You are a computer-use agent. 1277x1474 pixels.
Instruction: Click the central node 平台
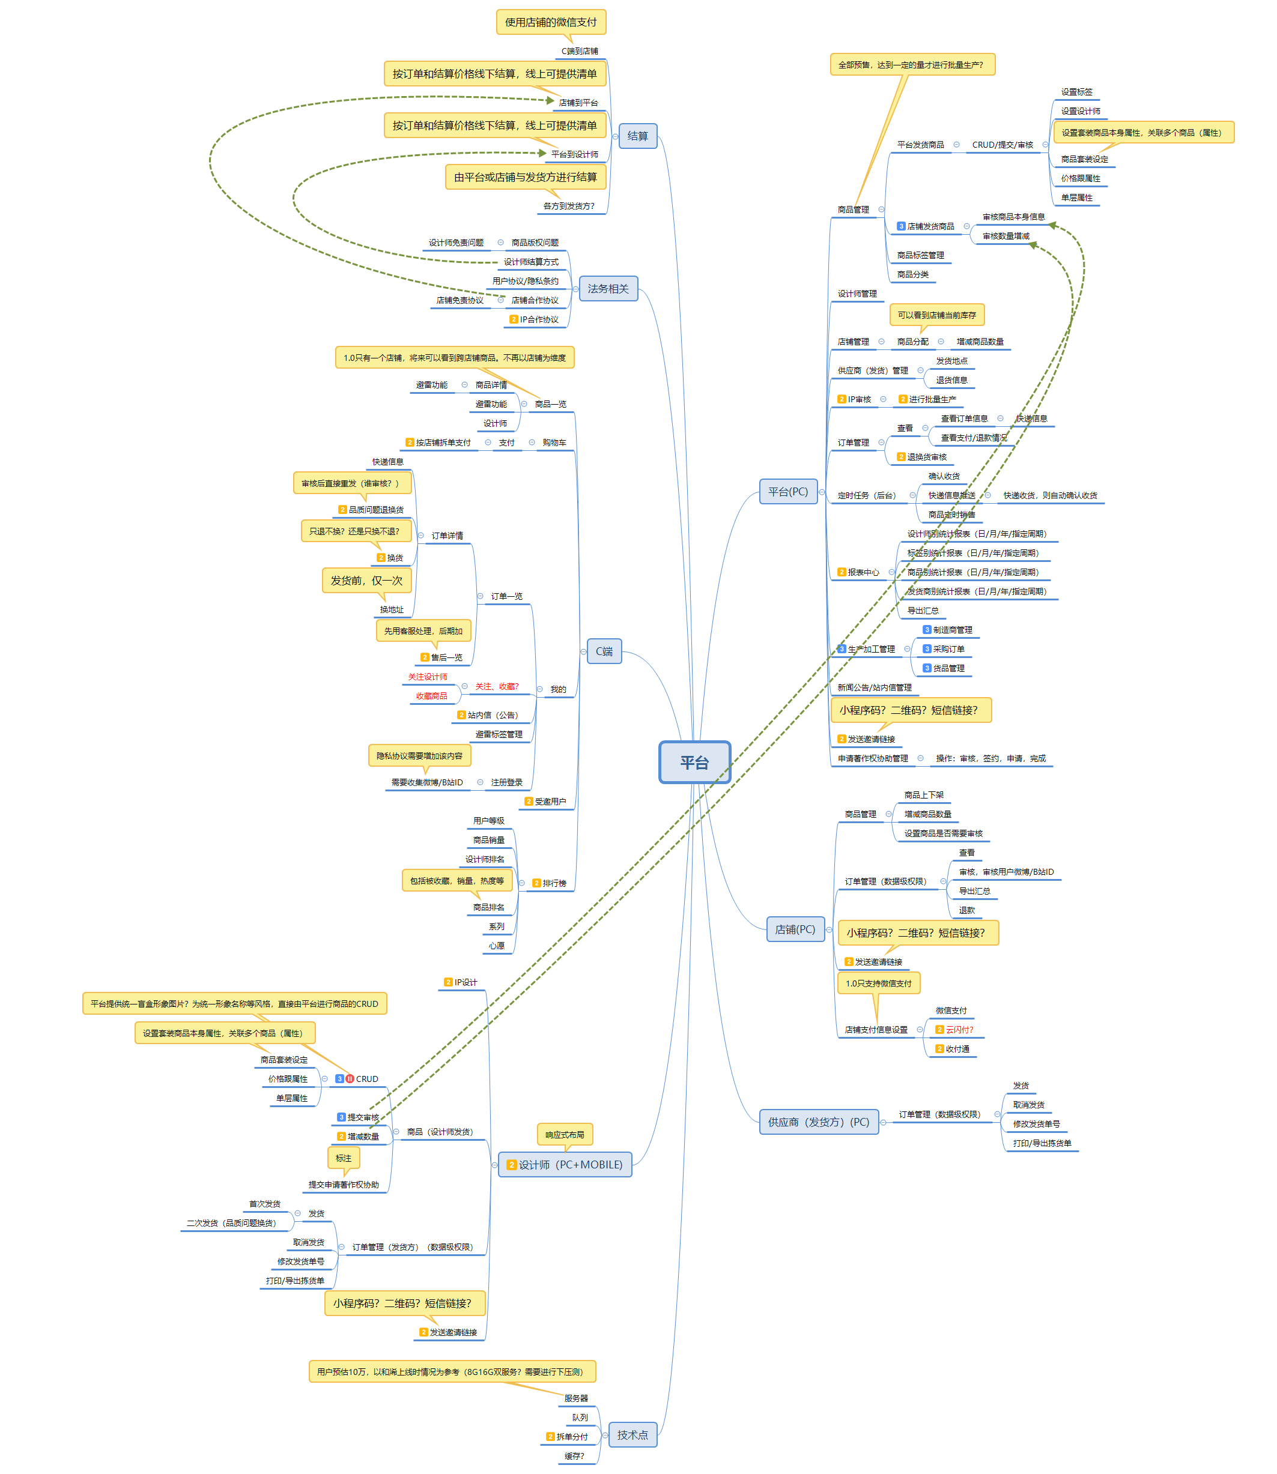(x=694, y=763)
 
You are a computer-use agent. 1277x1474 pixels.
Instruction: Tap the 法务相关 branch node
(x=608, y=289)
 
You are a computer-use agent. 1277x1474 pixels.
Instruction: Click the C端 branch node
(x=604, y=651)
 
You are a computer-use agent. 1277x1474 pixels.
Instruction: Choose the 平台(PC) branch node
(x=787, y=492)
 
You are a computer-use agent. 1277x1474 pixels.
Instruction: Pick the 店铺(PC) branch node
(x=795, y=929)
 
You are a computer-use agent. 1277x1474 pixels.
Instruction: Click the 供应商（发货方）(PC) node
(x=818, y=1122)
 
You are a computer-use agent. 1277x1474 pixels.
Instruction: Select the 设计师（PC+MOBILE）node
(x=565, y=1165)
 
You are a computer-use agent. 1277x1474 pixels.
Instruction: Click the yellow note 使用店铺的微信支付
(x=551, y=22)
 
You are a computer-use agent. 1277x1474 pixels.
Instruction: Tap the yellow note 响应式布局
(x=565, y=1135)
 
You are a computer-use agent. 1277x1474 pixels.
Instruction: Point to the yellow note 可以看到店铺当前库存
(x=936, y=315)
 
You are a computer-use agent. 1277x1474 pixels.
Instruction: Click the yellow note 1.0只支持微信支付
(x=878, y=983)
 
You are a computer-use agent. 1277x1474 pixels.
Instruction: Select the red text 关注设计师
(x=428, y=677)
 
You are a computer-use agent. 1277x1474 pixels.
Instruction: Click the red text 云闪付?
(x=959, y=1030)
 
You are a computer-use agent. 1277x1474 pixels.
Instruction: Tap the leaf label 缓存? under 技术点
(x=574, y=1456)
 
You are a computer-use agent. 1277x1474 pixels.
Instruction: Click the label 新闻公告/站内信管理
(x=875, y=687)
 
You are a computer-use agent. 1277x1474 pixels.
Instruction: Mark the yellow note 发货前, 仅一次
(x=366, y=581)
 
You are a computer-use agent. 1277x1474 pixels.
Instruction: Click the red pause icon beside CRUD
(x=350, y=1078)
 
